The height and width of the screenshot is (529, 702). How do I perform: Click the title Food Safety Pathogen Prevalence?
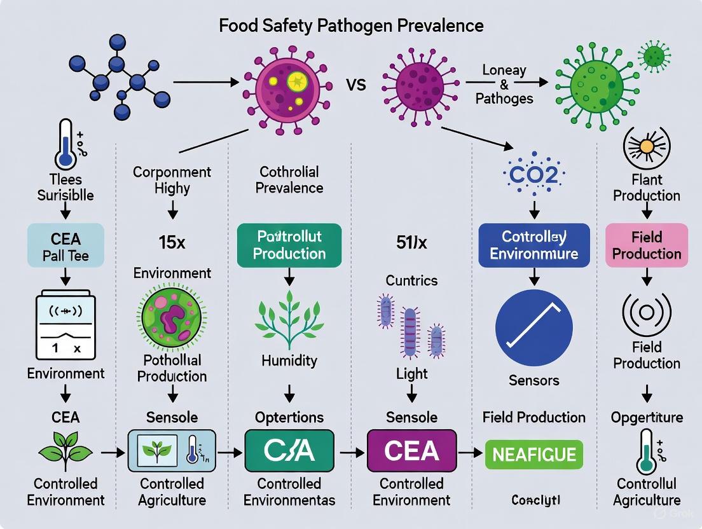pyautogui.click(x=351, y=25)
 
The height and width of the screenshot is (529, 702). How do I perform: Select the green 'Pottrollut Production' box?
pyautogui.click(x=289, y=245)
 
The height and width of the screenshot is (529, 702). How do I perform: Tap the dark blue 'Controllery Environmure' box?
pyautogui.click(x=534, y=245)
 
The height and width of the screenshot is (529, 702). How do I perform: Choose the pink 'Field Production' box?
pyautogui.click(x=647, y=245)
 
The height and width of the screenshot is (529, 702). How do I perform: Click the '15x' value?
pyautogui.click(x=172, y=242)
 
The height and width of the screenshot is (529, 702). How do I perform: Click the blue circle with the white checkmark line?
pyautogui.click(x=534, y=328)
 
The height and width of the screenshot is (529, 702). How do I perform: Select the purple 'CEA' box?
pyautogui.click(x=411, y=451)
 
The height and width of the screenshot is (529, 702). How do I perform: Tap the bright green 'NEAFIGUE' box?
pyautogui.click(x=533, y=455)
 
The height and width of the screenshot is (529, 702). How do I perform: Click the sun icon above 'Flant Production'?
pyautogui.click(x=646, y=147)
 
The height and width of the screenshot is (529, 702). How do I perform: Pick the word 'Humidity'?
pyautogui.click(x=289, y=361)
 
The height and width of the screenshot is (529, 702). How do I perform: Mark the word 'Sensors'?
pyautogui.click(x=534, y=380)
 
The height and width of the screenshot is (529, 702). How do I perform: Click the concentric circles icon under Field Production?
pyautogui.click(x=647, y=313)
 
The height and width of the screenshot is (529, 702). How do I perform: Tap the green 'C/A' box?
pyautogui.click(x=289, y=451)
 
